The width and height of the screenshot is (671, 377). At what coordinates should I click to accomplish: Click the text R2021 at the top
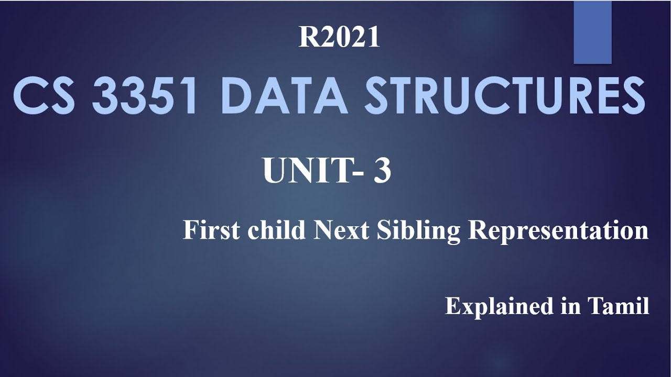pyautogui.click(x=339, y=38)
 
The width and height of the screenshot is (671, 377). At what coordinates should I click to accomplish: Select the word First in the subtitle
pyautogui.click(x=212, y=230)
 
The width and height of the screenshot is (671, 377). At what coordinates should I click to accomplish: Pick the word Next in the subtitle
pyautogui.click(x=341, y=230)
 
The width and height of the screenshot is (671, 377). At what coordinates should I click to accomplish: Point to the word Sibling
pyautogui.click(x=418, y=231)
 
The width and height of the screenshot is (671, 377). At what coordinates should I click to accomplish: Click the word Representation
pyautogui.click(x=558, y=231)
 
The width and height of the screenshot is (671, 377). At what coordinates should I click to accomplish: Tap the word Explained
pyautogui.click(x=498, y=306)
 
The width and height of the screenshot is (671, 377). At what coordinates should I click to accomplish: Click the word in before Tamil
pyautogui.click(x=570, y=306)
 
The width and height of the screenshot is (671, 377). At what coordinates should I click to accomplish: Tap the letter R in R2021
pyautogui.click(x=307, y=38)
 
